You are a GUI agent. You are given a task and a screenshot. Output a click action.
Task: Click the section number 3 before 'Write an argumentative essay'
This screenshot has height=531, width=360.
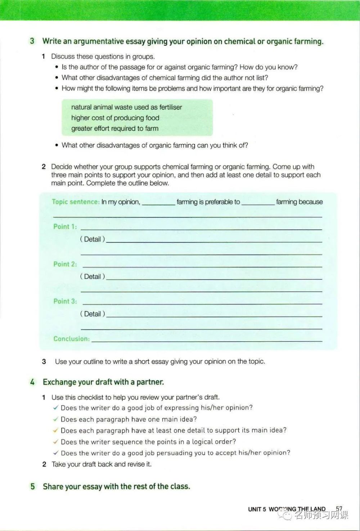(32, 41)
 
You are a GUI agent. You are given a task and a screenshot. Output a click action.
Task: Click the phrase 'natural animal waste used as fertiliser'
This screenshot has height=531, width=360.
(126, 107)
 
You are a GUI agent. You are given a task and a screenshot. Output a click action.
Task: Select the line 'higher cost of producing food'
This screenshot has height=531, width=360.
(115, 118)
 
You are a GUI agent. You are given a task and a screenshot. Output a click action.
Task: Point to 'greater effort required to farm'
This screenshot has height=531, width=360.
(114, 129)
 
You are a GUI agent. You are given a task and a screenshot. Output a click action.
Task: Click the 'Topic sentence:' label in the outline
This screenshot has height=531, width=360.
(76, 202)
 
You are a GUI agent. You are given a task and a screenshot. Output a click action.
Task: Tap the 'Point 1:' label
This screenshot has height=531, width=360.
(65, 226)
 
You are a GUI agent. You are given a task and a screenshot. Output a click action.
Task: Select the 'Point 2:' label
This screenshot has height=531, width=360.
(65, 264)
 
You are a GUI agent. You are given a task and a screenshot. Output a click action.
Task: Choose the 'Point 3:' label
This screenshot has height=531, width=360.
(65, 301)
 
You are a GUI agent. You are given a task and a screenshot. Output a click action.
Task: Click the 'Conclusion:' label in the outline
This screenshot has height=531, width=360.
(71, 339)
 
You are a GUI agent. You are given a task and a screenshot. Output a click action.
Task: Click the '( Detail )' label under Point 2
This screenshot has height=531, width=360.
(93, 276)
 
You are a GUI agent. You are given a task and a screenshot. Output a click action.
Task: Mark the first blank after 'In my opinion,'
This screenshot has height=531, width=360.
(158, 203)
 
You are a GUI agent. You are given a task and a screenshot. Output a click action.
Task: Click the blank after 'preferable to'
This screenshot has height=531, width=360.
(258, 203)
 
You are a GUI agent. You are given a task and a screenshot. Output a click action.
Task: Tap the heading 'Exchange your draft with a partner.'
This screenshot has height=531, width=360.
(103, 382)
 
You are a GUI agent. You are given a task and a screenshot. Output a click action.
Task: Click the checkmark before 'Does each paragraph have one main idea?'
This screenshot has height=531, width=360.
(56, 419)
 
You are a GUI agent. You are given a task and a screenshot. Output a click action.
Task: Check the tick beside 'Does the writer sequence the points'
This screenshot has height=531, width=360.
(56, 441)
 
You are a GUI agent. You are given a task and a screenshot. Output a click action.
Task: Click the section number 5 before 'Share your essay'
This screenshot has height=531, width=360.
(33, 486)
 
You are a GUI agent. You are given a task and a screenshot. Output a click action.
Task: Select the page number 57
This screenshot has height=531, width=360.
(339, 509)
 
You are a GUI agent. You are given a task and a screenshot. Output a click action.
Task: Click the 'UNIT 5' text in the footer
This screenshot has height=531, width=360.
(257, 509)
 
